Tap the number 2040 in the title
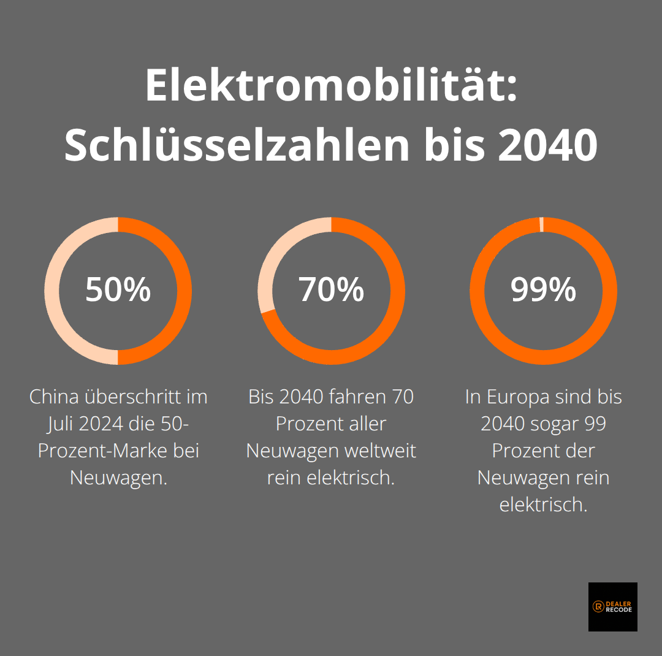(547, 145)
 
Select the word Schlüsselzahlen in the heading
(237, 145)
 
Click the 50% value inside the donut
(118, 290)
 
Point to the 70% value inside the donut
(331, 290)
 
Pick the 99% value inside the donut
(543, 290)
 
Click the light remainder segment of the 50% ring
(53, 291)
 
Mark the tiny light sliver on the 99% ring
(542, 224)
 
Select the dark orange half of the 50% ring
(184, 291)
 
